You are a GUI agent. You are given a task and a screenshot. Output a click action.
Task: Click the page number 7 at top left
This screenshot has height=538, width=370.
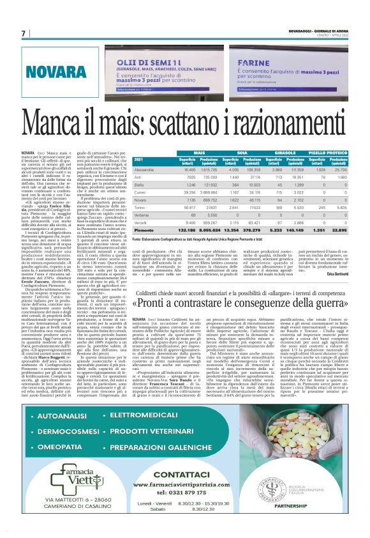click(x=23, y=33)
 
